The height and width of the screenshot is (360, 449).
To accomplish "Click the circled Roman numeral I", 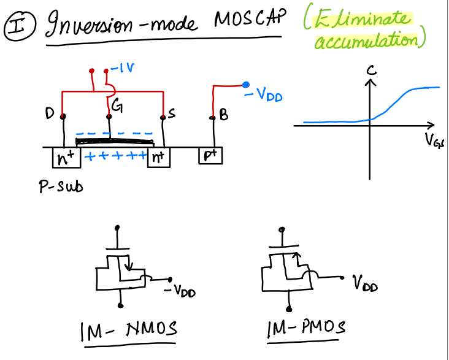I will click(x=14, y=26).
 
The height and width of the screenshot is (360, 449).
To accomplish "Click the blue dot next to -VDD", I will click(x=246, y=85).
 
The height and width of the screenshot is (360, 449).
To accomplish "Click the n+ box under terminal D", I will click(x=65, y=158).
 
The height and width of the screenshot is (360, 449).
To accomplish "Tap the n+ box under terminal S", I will click(x=158, y=158).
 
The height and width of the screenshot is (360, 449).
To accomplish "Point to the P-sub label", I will click(x=57, y=186).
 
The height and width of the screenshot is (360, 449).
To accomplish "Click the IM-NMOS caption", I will click(x=129, y=331).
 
